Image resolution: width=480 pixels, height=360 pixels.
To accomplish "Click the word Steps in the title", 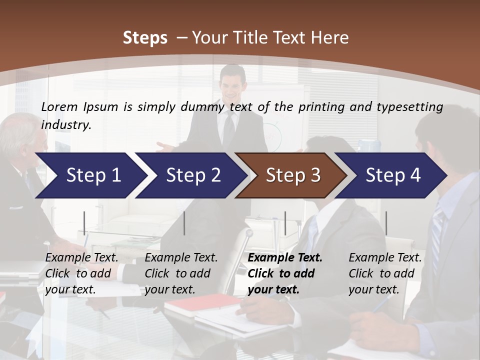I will [145, 38].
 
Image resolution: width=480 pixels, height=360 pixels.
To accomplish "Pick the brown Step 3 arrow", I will [293, 175].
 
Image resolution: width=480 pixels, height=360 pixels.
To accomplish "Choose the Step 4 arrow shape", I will [393, 175].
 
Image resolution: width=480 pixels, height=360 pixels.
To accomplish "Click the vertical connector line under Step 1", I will [84, 223].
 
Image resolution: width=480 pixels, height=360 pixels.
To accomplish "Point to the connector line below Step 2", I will [184, 223].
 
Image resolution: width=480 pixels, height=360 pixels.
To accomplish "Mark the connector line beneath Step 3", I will [285, 223].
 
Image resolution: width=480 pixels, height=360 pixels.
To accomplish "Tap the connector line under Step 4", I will [386, 223].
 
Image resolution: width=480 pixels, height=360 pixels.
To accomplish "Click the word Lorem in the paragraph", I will [59, 106].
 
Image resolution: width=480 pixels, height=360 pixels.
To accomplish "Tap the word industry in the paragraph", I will [66, 125].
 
